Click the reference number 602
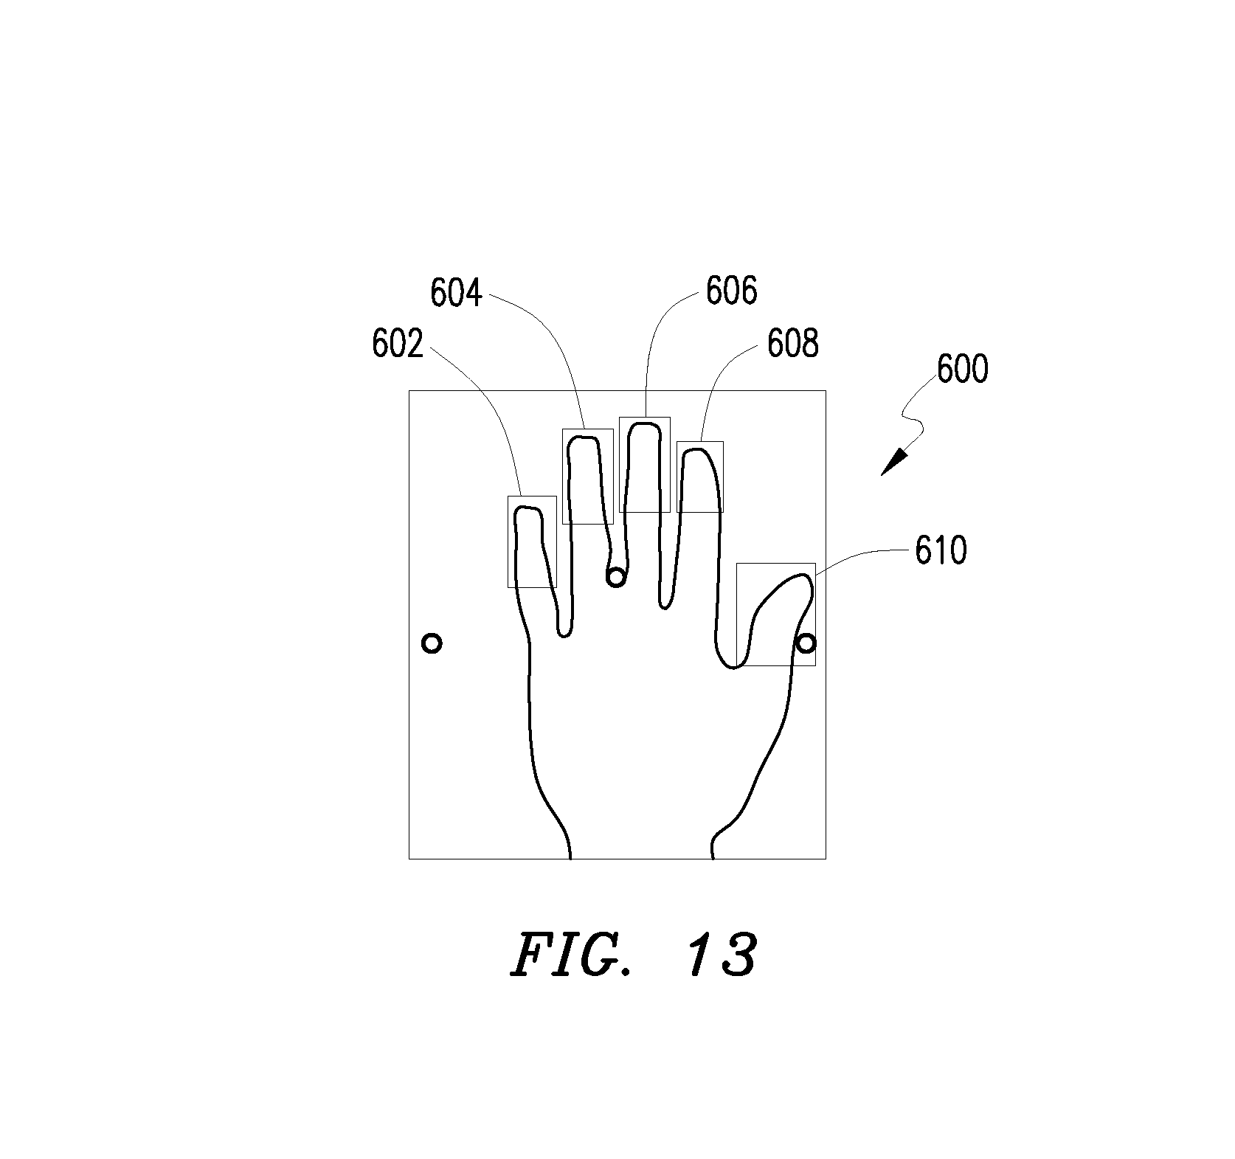pyautogui.click(x=398, y=345)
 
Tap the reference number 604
pyautogui.click(x=457, y=294)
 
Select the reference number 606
pyautogui.click(x=732, y=291)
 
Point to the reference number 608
pyautogui.click(x=793, y=344)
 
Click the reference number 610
pyautogui.click(x=941, y=550)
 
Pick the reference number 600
pyautogui.click(x=962, y=369)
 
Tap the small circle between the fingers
pyautogui.click(x=615, y=577)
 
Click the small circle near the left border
pyautogui.click(x=432, y=643)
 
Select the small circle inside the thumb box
pyautogui.click(x=806, y=643)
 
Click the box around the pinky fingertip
pyautogui.click(x=508, y=542)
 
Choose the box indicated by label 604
pyautogui.click(x=563, y=477)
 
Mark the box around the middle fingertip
pyautogui.click(x=620, y=465)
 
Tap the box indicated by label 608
pyautogui.click(x=677, y=477)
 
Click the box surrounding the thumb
pyautogui.click(x=737, y=615)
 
